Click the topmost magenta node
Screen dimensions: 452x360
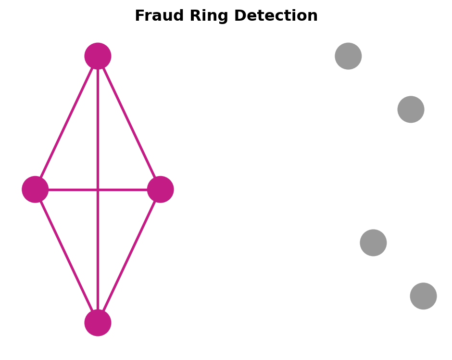(x=98, y=56)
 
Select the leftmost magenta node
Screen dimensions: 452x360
(x=35, y=190)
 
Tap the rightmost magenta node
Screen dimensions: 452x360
(x=160, y=190)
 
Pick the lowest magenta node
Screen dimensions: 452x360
(x=98, y=323)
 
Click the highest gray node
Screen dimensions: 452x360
(x=348, y=56)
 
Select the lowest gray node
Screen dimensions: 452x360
(x=424, y=296)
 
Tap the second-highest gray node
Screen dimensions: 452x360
(x=411, y=109)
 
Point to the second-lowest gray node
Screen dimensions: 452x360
(x=373, y=243)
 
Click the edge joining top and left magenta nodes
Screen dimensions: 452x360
(x=66, y=123)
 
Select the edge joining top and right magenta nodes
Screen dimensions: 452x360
(x=129, y=123)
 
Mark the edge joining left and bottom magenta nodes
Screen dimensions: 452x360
(x=66, y=256)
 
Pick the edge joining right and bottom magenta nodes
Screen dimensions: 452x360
(x=129, y=256)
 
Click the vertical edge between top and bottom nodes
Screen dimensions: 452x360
(x=98, y=190)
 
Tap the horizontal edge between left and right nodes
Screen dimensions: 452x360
(x=98, y=190)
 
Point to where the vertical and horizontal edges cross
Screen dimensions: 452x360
(x=98, y=190)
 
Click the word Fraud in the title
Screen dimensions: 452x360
(x=159, y=15)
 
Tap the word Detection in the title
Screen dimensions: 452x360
(x=276, y=15)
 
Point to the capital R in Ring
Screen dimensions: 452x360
(x=195, y=15)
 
